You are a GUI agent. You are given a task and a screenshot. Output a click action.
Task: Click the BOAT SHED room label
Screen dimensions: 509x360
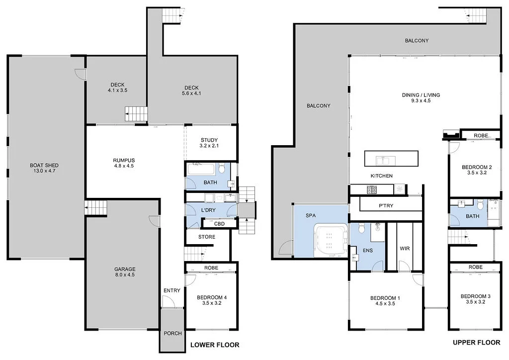coord(44,165)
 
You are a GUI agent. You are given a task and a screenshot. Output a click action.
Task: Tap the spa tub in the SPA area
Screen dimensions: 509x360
coord(331,240)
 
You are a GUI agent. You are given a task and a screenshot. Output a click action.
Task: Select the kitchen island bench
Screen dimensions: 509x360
coord(391,159)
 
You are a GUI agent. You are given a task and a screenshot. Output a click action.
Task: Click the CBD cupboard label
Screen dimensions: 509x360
coord(219,224)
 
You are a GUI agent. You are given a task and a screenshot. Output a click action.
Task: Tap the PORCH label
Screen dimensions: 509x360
coord(172,333)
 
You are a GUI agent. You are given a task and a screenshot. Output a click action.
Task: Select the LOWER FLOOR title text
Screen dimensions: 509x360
coord(215,345)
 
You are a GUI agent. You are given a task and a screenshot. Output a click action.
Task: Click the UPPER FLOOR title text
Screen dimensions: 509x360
coord(477,342)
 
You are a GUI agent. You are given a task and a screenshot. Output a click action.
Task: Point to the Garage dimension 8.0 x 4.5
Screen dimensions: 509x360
coord(125,274)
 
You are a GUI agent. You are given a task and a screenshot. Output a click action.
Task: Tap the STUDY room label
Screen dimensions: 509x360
coord(209,140)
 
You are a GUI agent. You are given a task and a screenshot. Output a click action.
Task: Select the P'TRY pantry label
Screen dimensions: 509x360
coord(386,205)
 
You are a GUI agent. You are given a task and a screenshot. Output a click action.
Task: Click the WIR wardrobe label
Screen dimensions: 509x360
coord(405,248)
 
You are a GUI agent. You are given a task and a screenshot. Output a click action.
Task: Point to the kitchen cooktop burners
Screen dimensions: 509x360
coord(372,189)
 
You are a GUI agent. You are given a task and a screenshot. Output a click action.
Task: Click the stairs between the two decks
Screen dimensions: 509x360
coord(136,114)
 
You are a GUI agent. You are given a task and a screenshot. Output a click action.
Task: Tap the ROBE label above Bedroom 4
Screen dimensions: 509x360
coord(211,268)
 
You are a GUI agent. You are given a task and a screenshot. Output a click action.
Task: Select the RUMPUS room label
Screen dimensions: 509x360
coord(124,161)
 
